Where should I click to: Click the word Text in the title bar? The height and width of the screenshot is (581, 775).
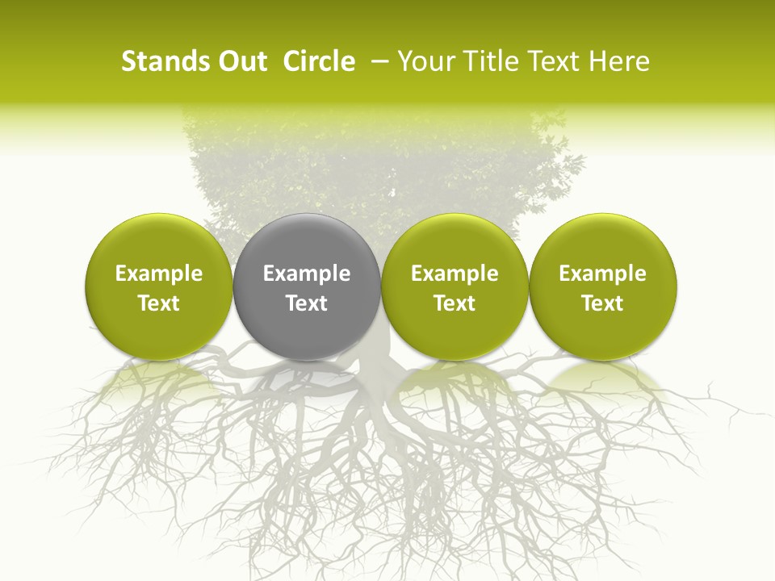pyautogui.click(x=552, y=61)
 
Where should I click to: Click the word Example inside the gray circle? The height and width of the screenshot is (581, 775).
pyautogui.click(x=307, y=274)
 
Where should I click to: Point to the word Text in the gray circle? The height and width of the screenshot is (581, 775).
pyautogui.click(x=307, y=303)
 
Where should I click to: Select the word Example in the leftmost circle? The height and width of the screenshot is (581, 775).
pyautogui.click(x=159, y=274)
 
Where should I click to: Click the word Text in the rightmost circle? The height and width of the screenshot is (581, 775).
pyautogui.click(x=602, y=303)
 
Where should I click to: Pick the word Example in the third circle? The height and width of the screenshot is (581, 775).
pyautogui.click(x=455, y=274)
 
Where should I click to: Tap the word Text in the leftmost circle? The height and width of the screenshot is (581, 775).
pyautogui.click(x=159, y=303)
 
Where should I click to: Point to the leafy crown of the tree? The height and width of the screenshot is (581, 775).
pyautogui.click(x=379, y=169)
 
